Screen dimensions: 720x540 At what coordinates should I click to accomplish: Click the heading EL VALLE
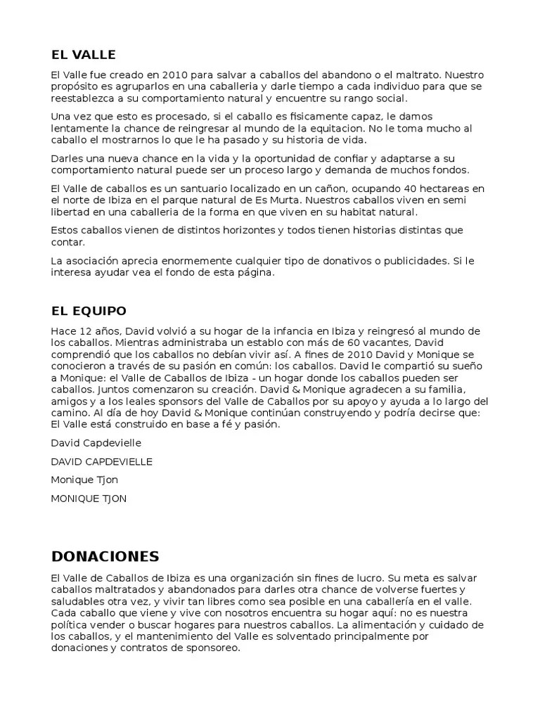83,54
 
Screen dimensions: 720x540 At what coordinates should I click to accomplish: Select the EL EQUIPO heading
89,310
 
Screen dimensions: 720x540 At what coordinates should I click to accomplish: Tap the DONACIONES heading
105,556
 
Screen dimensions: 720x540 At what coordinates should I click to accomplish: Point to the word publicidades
410,261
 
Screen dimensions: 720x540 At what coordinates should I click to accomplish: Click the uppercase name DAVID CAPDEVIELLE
102,461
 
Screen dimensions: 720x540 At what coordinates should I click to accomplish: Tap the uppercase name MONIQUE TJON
89,499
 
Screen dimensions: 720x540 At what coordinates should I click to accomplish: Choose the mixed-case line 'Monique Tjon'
84,480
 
